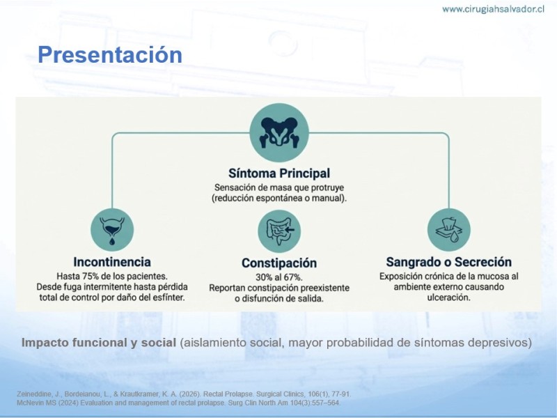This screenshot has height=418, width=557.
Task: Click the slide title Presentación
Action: click(x=110, y=55)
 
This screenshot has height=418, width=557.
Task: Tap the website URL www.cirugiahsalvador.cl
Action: click(x=493, y=9)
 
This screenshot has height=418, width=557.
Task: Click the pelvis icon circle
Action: click(x=279, y=132)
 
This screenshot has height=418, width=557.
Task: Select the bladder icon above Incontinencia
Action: click(x=112, y=230)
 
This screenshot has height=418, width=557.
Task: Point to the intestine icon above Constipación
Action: click(x=279, y=231)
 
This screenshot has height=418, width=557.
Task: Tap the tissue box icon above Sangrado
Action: click(x=448, y=230)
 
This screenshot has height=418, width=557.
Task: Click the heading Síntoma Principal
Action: click(x=279, y=173)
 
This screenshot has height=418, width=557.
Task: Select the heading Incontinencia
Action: click(x=112, y=262)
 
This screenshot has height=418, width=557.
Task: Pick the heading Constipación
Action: click(x=279, y=263)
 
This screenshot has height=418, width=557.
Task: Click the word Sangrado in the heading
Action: click(x=413, y=263)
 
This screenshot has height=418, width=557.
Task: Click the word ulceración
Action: click(x=448, y=297)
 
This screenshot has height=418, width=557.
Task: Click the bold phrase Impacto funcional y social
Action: click(x=99, y=343)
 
